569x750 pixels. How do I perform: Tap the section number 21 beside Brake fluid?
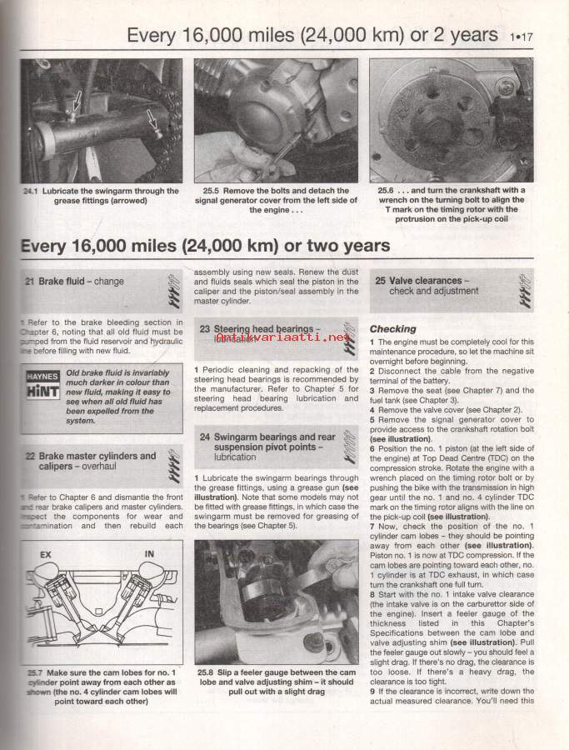pyautogui.click(x=30, y=282)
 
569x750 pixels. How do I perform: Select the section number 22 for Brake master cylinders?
pyautogui.click(x=30, y=457)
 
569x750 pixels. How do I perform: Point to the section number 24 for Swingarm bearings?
pyautogui.click(x=205, y=437)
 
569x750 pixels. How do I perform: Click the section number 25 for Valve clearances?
pyautogui.click(x=380, y=282)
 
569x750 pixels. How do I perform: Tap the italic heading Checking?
pyautogui.click(x=392, y=329)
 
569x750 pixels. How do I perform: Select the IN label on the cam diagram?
pyautogui.click(x=150, y=552)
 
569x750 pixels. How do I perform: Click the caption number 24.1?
pyautogui.click(x=32, y=191)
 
